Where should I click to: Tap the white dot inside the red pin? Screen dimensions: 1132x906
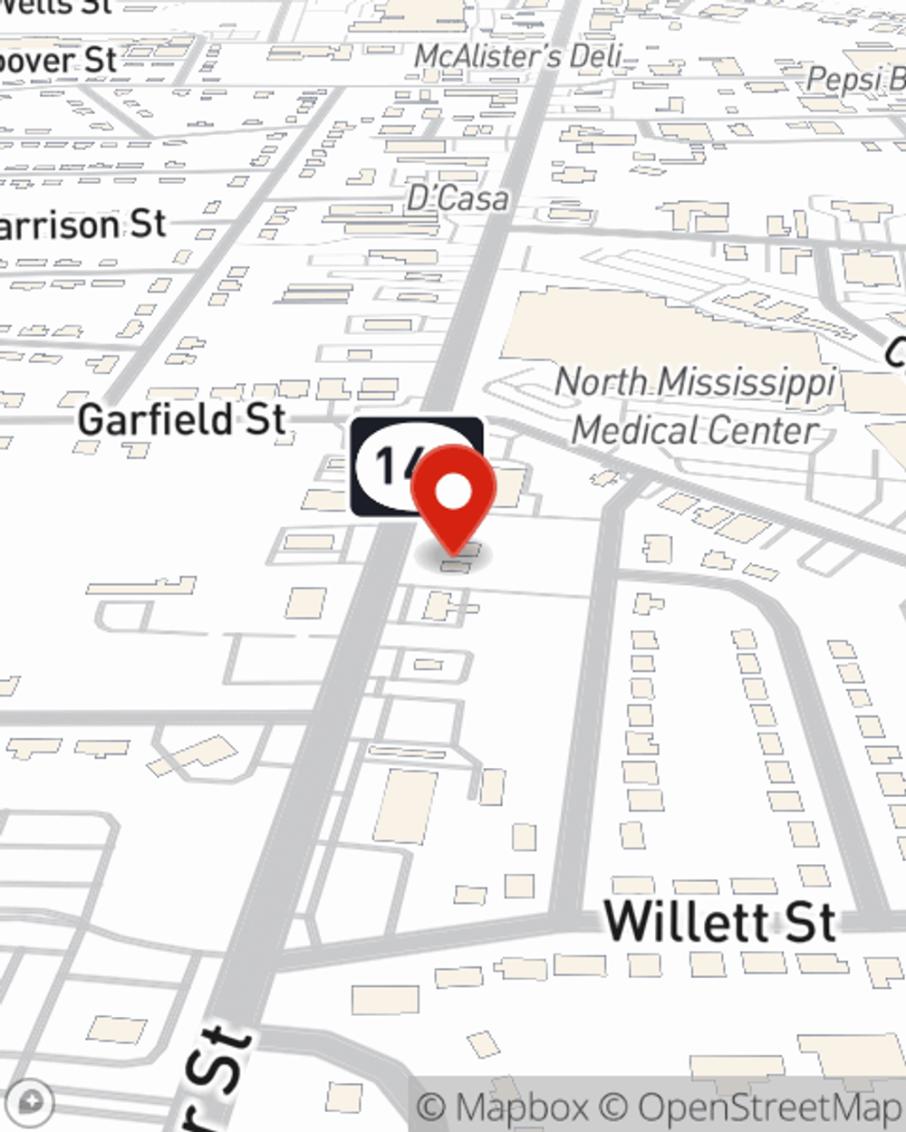[x=454, y=493]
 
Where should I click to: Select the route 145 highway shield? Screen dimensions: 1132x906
[x=390, y=466]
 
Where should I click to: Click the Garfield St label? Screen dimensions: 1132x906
[x=182, y=420]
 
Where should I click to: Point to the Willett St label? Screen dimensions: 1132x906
[x=719, y=921]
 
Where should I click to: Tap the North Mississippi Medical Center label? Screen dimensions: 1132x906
[x=695, y=406]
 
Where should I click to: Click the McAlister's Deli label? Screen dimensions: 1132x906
[x=518, y=56]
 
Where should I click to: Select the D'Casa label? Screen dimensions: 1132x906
[x=458, y=198]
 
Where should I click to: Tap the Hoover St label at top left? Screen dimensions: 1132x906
[x=58, y=62]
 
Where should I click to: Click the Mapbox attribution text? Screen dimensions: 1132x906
[x=504, y=1107]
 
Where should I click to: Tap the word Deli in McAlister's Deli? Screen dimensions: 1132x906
[x=595, y=56]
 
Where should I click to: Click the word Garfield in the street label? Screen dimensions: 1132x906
[x=156, y=420]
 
